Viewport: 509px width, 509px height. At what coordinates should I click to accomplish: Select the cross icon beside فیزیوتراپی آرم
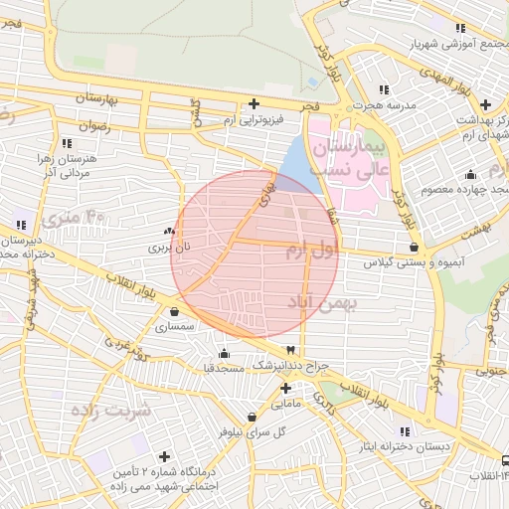click(255, 103)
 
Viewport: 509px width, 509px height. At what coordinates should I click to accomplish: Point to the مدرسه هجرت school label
click(385, 104)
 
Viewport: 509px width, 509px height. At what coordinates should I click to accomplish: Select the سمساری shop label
click(176, 325)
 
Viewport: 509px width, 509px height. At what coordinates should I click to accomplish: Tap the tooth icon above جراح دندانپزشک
click(290, 350)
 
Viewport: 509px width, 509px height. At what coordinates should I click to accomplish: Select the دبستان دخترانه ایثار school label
click(405, 446)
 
